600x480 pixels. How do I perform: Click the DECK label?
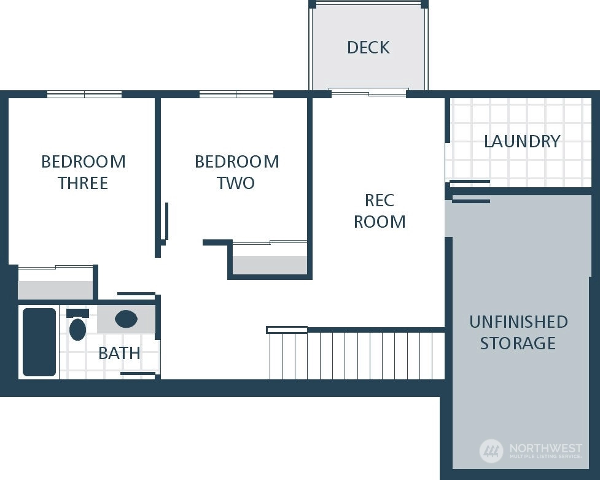(368, 47)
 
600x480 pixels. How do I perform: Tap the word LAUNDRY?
(522, 142)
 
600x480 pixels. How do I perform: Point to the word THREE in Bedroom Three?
(83, 183)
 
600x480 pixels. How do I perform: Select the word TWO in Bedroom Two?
(236, 183)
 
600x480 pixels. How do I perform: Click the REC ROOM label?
(380, 211)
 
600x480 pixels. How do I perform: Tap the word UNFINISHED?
(518, 322)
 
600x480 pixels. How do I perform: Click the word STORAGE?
(518, 343)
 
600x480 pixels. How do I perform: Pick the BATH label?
(119, 353)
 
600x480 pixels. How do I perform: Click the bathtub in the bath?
(39, 342)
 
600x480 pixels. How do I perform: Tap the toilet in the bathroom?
(77, 325)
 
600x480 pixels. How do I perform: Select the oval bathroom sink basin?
(126, 319)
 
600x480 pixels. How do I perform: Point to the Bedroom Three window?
(85, 94)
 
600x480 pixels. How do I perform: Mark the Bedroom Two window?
(236, 94)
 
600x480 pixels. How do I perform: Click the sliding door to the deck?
(368, 92)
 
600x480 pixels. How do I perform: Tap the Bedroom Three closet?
(55, 283)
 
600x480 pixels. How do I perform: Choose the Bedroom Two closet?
(270, 258)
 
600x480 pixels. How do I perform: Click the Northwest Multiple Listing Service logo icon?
(491, 451)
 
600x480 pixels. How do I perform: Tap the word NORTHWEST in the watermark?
(545, 448)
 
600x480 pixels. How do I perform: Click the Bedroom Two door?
(166, 222)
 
